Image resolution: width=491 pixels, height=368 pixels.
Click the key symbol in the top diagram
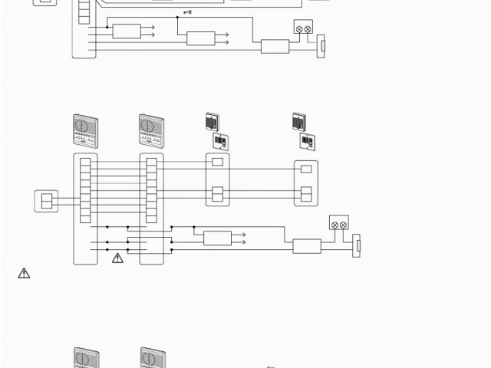click(x=186, y=12)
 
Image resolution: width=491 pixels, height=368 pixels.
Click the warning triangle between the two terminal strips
click(x=117, y=258)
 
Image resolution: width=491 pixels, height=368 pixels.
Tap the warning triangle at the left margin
click(x=24, y=273)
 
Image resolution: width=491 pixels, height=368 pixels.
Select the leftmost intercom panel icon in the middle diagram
click(x=86, y=130)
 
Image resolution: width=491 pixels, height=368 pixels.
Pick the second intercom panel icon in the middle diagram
click(x=152, y=130)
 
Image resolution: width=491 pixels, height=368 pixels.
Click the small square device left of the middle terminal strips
click(x=46, y=201)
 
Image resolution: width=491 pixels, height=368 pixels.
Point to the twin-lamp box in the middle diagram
click(x=338, y=222)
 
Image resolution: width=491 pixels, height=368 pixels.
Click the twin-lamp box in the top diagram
click(x=303, y=28)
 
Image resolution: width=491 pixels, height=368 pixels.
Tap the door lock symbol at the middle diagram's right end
click(x=356, y=245)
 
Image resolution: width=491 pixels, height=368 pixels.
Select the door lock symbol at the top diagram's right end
click(x=321, y=46)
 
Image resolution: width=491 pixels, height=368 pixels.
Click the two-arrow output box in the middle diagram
click(x=217, y=238)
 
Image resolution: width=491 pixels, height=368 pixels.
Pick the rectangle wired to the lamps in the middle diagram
click(x=307, y=246)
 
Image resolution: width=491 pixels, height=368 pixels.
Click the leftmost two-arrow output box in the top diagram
click(x=127, y=31)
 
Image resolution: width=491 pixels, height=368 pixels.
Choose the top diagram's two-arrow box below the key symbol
click(x=200, y=38)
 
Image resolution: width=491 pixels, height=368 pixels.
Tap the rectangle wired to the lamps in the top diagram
click(x=275, y=46)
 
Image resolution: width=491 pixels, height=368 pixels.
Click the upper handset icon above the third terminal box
click(x=213, y=121)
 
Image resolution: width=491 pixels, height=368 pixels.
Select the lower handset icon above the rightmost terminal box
click(x=307, y=142)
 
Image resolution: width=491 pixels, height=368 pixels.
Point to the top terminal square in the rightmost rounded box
click(x=306, y=169)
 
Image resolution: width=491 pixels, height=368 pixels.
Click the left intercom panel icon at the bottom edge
click(x=86, y=359)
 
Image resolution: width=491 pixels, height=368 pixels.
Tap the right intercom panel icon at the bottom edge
click(x=153, y=359)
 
